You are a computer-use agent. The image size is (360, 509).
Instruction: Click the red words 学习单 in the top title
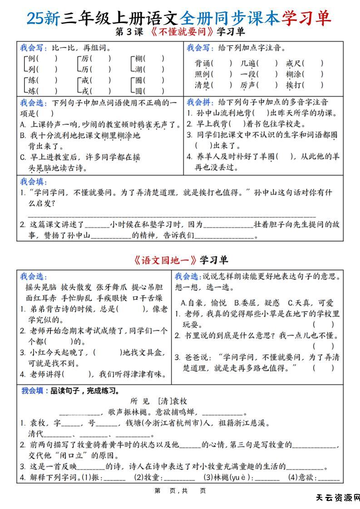[306, 18]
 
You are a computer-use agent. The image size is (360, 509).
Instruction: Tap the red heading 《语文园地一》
[165, 260]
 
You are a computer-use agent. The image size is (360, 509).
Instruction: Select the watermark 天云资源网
[338, 498]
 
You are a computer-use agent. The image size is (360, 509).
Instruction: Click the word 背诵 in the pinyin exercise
[202, 63]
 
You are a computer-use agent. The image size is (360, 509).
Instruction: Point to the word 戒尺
[293, 63]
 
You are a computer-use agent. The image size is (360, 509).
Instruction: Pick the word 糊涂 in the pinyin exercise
[293, 74]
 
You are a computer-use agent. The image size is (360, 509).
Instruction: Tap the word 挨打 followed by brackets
[293, 85]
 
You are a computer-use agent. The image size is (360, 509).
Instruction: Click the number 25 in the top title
[35, 18]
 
